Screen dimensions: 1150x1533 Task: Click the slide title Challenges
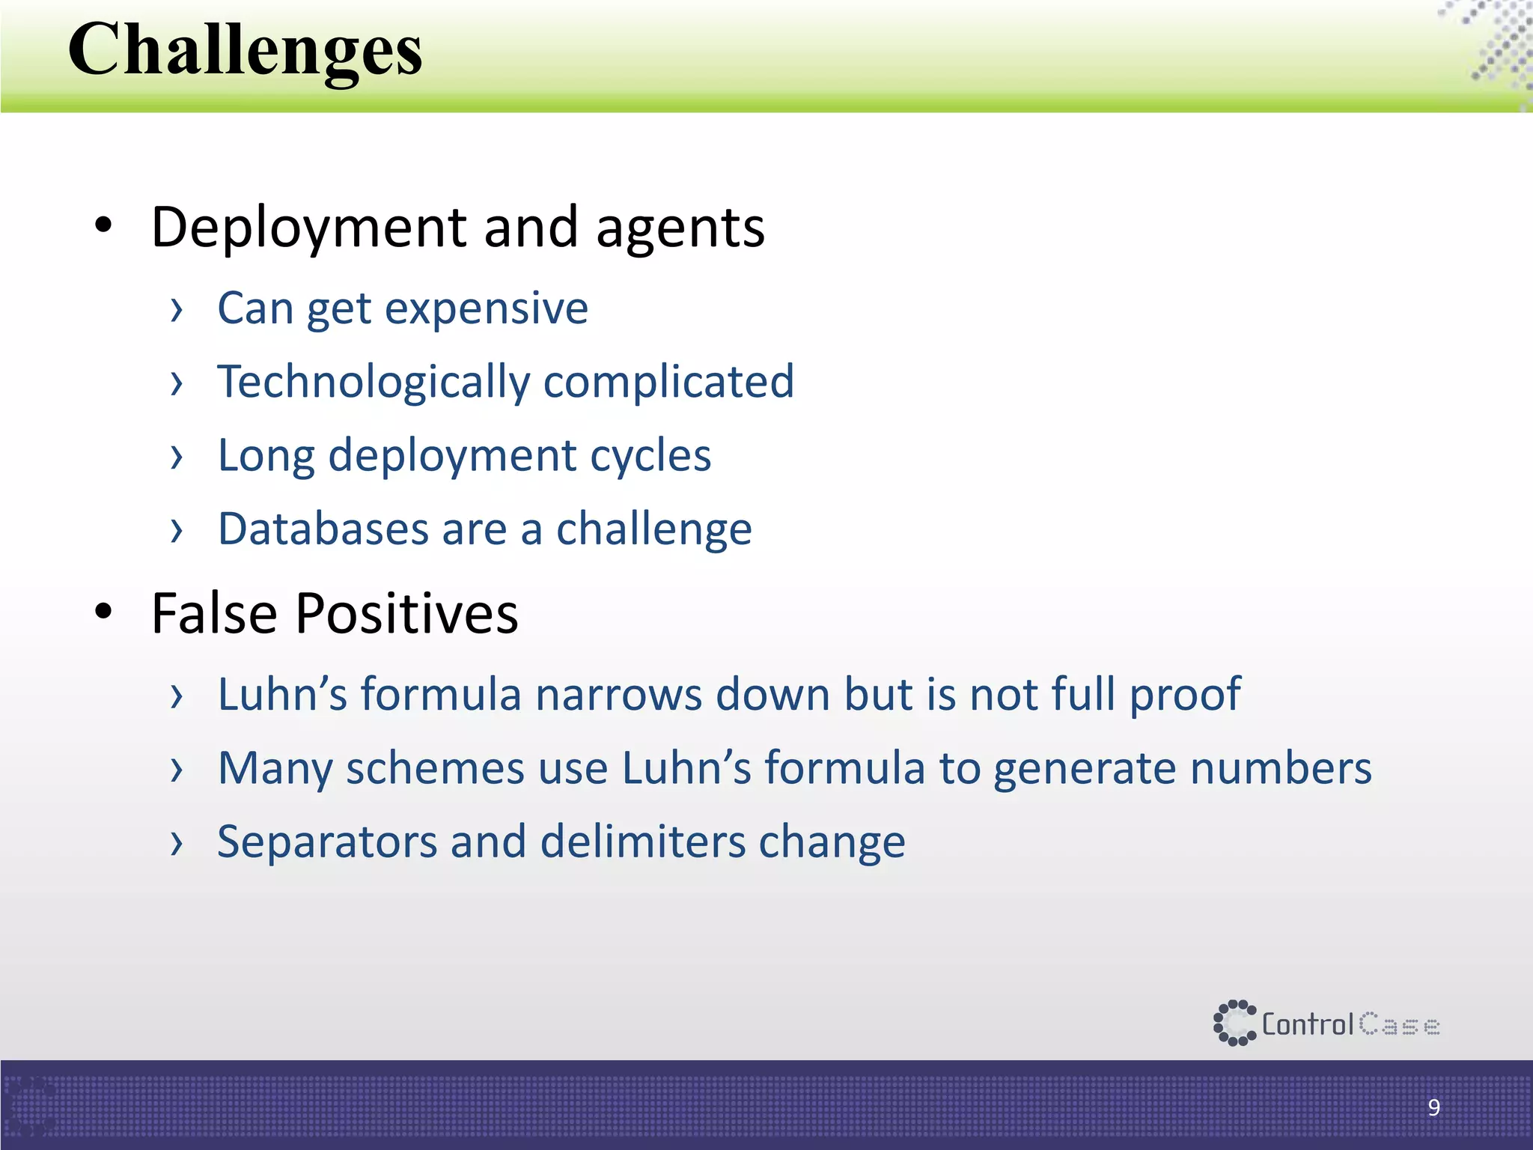coord(246,51)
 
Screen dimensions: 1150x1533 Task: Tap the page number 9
coord(1433,1107)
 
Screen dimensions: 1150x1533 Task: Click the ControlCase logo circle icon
coord(1234,1023)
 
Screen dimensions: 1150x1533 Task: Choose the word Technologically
coord(373,383)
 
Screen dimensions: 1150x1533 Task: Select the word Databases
coord(323,529)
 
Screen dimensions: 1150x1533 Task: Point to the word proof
coord(1185,696)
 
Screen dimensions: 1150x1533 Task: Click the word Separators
coord(327,842)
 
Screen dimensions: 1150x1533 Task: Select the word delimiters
coord(642,842)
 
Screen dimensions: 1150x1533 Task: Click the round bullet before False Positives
coord(103,612)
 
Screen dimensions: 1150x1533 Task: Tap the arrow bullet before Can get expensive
coord(177,309)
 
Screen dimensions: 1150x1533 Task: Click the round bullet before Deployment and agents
coord(103,225)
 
